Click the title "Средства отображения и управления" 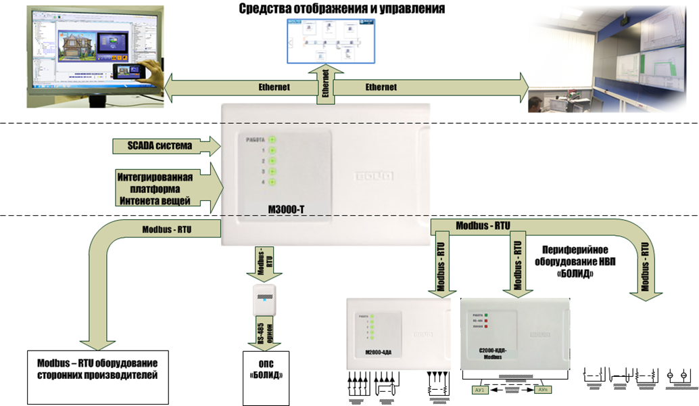pyautogui.click(x=341, y=9)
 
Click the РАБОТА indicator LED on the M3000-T pyautogui.click(x=272, y=139)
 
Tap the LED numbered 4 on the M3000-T pyautogui.click(x=272, y=183)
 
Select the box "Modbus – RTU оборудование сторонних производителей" pyautogui.click(x=96, y=368)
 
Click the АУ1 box pyautogui.click(x=479, y=390)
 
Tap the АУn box pyautogui.click(x=544, y=390)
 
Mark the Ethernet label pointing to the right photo pyautogui.click(x=381, y=87)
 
